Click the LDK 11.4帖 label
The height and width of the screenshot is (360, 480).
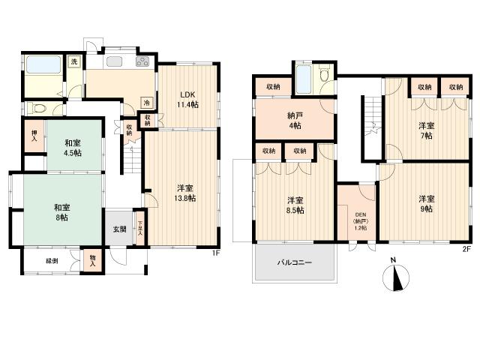pyautogui.click(x=187, y=99)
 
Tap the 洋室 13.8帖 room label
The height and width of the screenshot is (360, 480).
pyautogui.click(x=181, y=192)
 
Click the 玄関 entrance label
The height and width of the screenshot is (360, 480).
pyautogui.click(x=120, y=229)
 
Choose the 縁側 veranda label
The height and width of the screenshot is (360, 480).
pyautogui.click(x=52, y=261)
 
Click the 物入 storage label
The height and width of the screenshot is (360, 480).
pyautogui.click(x=93, y=260)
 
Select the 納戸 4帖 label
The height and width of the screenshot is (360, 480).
pyautogui.click(x=294, y=121)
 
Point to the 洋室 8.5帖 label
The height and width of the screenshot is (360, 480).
pyautogui.click(x=295, y=205)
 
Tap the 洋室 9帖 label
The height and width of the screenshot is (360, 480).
pyautogui.click(x=426, y=204)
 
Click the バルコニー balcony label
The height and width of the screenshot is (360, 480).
pyautogui.click(x=295, y=263)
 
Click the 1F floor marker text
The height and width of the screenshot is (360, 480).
pyautogui.click(x=215, y=253)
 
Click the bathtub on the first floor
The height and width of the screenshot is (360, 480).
pyautogui.click(x=43, y=64)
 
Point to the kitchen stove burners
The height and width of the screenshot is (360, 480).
pyautogui.click(x=140, y=63)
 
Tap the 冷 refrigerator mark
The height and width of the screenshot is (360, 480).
pyautogui.click(x=147, y=102)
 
